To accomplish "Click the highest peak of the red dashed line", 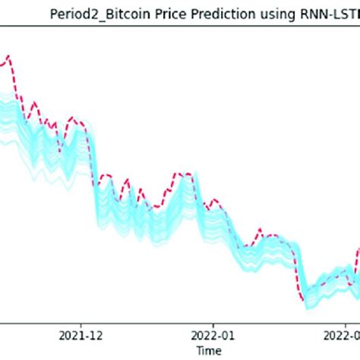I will click(x=8, y=55).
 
